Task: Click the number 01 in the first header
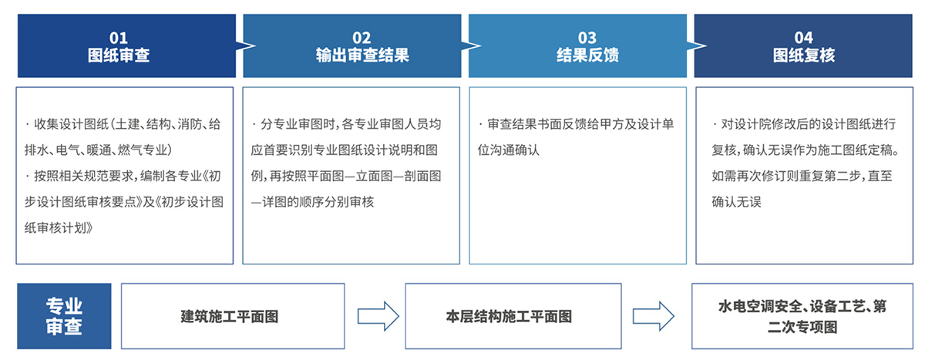119,38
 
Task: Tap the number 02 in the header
362,38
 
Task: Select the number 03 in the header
587,38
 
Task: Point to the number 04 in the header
803,38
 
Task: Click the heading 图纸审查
119,56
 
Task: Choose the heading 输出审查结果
362,56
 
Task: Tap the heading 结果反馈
587,56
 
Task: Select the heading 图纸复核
803,56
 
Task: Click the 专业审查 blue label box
64,316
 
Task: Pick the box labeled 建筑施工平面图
233,316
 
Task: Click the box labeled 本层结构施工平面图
513,316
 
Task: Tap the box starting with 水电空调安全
802,316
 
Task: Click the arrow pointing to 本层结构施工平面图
378,316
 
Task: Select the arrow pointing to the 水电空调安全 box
654,316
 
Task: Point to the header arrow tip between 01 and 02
256,45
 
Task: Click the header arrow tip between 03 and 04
707,45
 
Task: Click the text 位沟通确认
508,150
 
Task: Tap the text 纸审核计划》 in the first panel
59,227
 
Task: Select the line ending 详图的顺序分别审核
312,202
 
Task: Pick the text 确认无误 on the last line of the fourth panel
736,202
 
